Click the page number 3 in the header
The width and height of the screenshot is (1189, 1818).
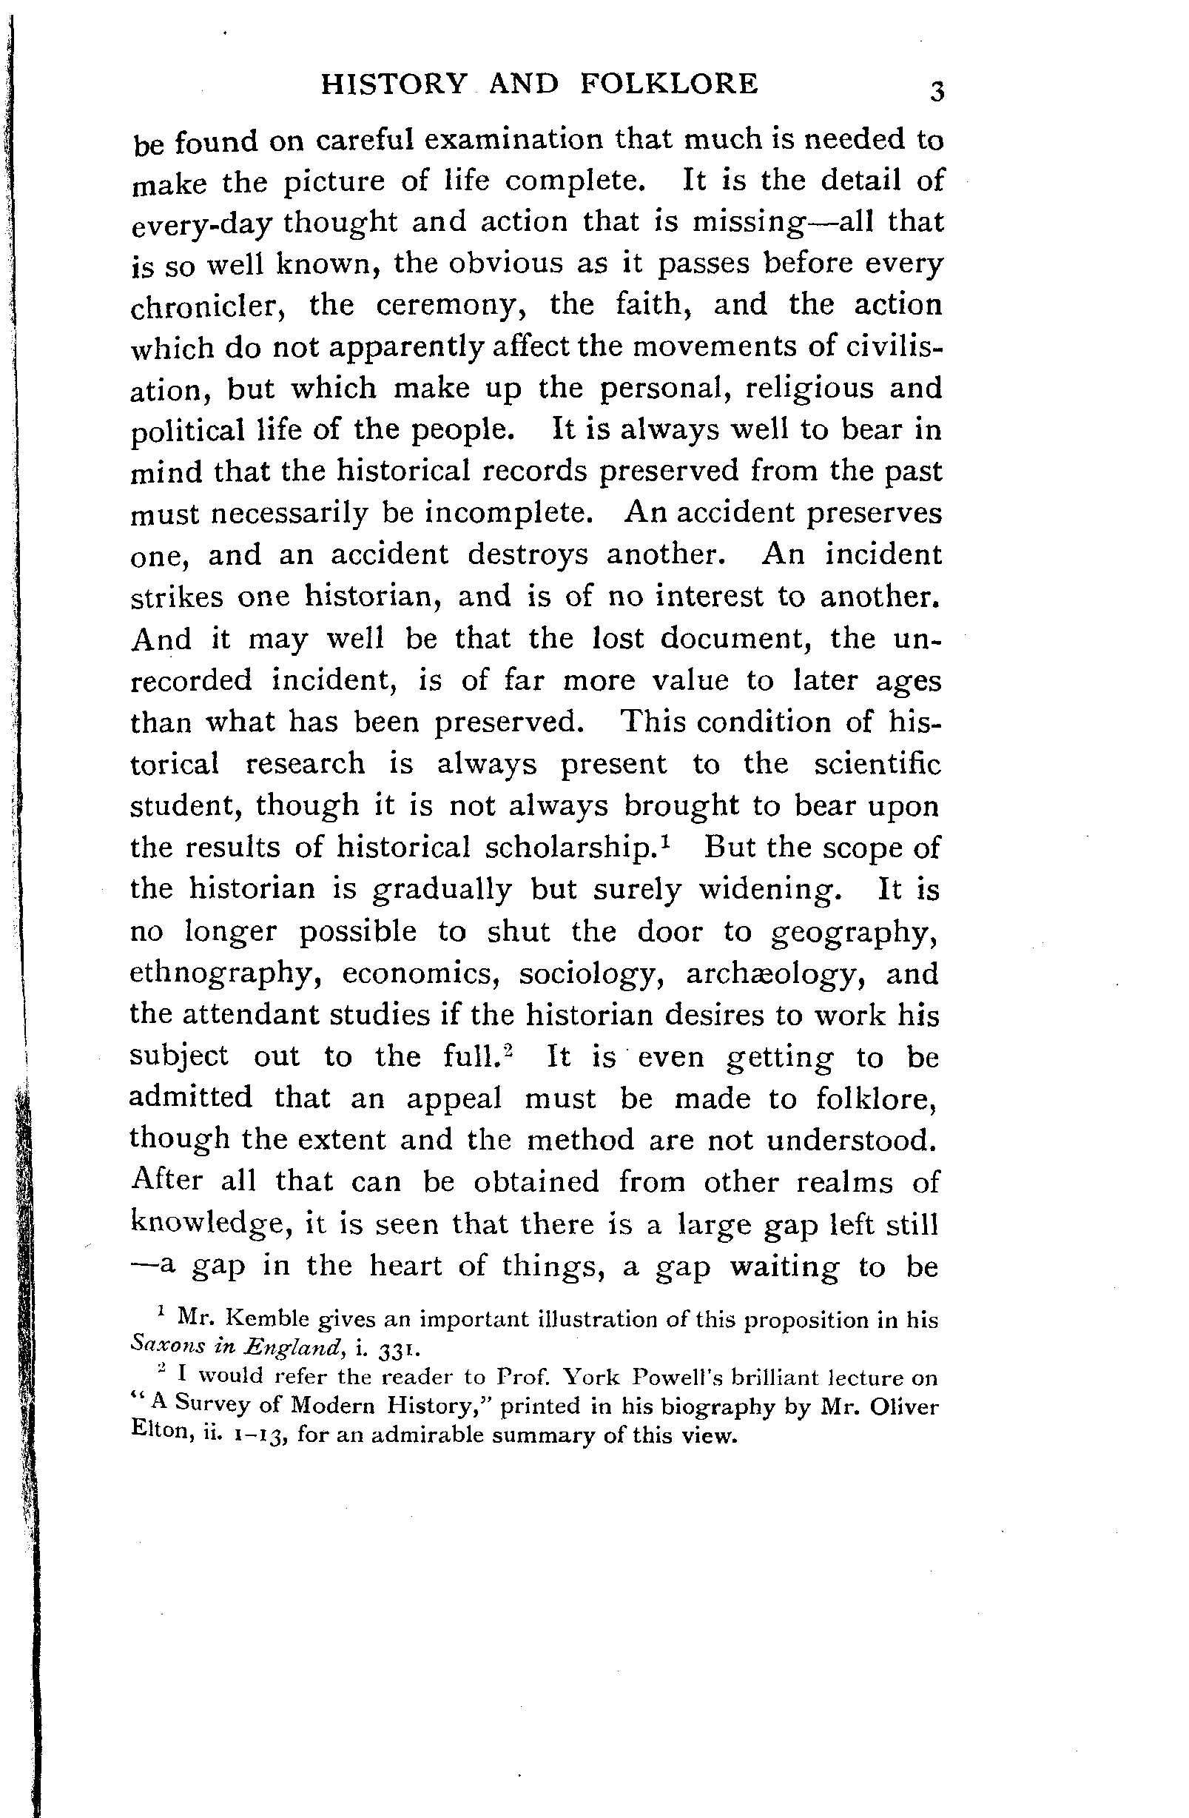(x=937, y=92)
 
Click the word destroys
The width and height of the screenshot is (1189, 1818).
(x=528, y=554)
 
